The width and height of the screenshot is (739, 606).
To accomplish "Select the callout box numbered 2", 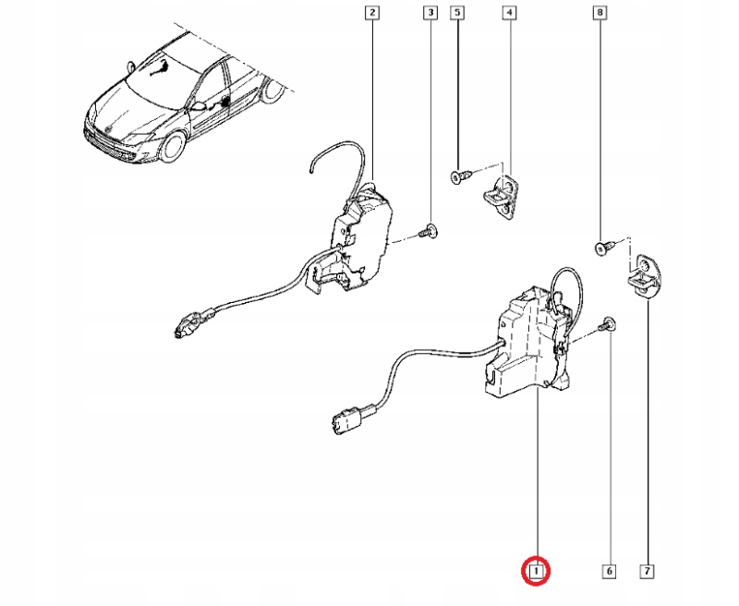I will tap(371, 13).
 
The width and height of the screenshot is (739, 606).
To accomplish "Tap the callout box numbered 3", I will tap(430, 13).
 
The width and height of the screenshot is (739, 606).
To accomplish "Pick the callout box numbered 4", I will tap(509, 13).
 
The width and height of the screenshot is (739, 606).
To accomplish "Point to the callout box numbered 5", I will tap(457, 13).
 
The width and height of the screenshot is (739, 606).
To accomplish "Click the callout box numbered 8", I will tap(601, 13).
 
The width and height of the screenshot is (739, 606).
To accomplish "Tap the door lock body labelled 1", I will tap(527, 346).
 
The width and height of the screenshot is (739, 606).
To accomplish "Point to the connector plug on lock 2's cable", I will tap(189, 323).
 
